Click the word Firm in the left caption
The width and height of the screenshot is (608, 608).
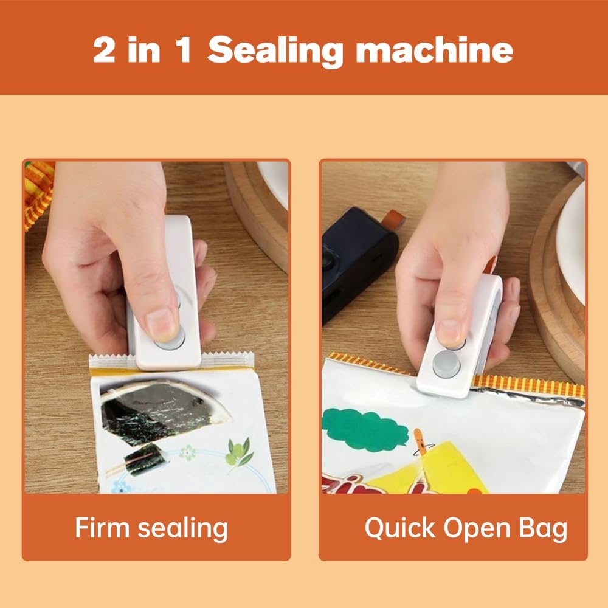[x=101, y=527]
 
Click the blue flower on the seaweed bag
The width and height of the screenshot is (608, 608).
[x=123, y=486]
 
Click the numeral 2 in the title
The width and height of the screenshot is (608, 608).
[x=105, y=50]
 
